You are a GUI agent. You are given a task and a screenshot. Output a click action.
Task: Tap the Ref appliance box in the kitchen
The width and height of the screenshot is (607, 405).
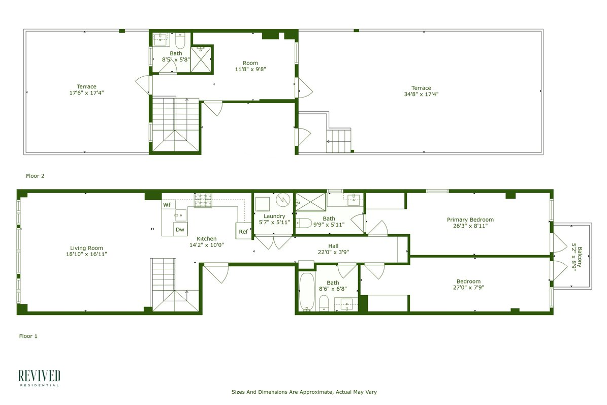(243, 231)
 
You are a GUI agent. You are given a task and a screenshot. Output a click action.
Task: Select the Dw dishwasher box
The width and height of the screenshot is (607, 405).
(180, 229)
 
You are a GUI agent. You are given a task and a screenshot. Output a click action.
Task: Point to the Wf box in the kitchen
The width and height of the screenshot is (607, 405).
(167, 205)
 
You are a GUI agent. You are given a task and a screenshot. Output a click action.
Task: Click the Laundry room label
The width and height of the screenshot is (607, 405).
(274, 216)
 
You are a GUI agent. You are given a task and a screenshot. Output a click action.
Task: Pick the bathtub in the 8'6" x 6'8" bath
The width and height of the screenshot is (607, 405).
(306, 292)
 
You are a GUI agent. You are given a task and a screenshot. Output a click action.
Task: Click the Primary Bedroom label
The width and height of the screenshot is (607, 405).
(470, 220)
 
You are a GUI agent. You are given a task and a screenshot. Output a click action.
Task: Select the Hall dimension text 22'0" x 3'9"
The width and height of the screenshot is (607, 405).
(333, 252)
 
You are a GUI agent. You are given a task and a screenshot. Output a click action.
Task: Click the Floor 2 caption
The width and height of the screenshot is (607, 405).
(35, 176)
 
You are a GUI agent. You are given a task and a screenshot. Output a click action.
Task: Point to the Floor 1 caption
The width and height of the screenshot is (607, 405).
(28, 336)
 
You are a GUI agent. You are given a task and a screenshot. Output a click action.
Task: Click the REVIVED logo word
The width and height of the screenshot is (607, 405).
(40, 376)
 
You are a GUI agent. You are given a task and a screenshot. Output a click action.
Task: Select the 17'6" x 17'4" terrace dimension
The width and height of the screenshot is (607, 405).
(86, 93)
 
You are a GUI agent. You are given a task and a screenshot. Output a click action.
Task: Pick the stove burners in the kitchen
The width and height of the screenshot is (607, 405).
(203, 201)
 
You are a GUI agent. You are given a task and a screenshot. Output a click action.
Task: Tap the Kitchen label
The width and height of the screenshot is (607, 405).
(206, 238)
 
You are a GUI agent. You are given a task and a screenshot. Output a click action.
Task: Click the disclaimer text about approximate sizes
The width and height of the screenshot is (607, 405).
(304, 392)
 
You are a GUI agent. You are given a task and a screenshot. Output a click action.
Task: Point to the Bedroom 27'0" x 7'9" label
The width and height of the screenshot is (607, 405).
(468, 282)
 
